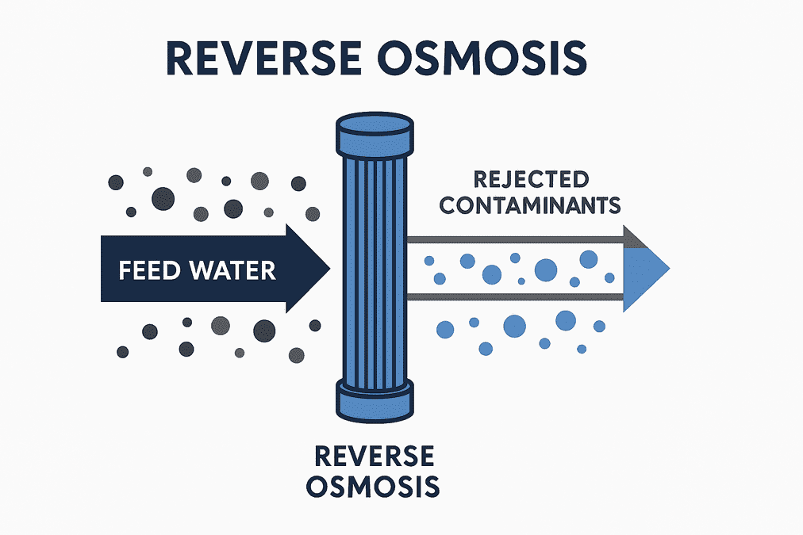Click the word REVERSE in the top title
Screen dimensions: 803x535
click(263, 59)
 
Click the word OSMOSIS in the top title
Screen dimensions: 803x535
click(482, 59)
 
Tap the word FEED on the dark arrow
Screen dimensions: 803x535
click(149, 270)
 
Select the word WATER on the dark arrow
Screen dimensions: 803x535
click(233, 270)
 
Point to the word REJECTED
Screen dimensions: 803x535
click(531, 180)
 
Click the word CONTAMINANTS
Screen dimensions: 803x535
click(530, 205)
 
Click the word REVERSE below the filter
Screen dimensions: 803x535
click(375, 457)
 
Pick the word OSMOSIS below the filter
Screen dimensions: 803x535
click(373, 487)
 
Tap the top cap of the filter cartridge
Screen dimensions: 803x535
click(375, 135)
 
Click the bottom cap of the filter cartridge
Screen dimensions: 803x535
click(375, 400)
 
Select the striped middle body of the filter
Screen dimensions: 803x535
click(375, 269)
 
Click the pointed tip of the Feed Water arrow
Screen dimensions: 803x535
click(330, 268)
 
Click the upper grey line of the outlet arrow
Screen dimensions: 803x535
click(515, 239)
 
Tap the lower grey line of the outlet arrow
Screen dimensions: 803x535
click(515, 297)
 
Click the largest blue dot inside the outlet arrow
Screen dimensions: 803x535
click(546, 270)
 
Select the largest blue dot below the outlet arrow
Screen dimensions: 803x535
click(515, 327)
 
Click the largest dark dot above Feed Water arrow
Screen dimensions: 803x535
click(163, 198)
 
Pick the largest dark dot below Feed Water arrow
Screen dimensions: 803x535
click(264, 331)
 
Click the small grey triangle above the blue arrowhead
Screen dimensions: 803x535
click(633, 239)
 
